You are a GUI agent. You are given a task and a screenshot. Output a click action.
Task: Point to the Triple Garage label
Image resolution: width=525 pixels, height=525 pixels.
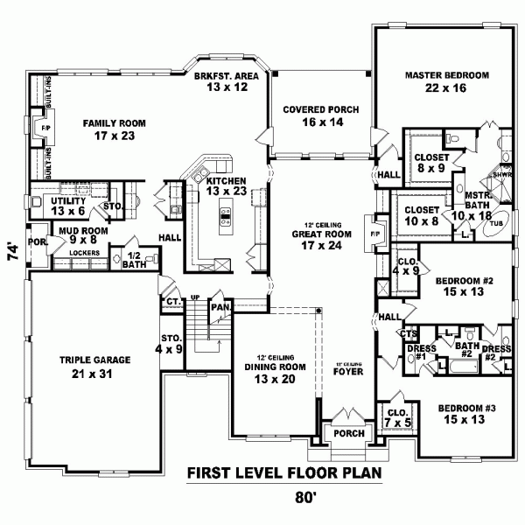tap(95, 366)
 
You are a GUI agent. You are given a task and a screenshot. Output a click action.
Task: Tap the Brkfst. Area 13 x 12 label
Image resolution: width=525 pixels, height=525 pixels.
tap(226, 82)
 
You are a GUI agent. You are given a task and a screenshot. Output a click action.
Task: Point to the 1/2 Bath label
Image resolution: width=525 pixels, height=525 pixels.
tap(135, 260)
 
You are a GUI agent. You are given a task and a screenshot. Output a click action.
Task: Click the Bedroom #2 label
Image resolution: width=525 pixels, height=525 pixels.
tap(465, 286)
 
